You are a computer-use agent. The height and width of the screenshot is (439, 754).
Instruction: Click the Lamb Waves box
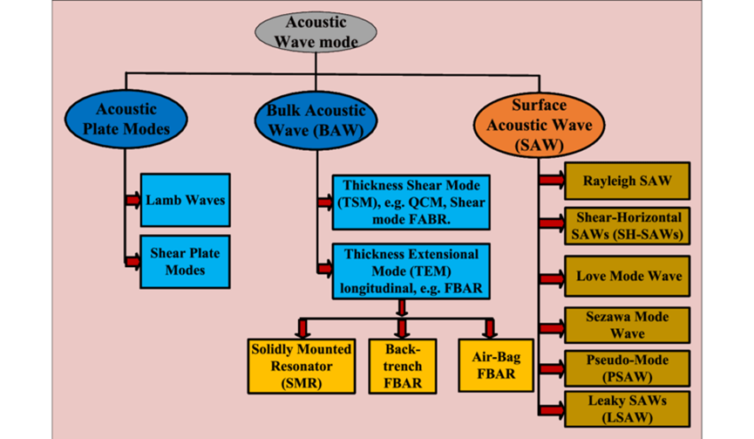click(x=185, y=200)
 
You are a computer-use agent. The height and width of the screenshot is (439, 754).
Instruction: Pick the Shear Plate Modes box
click(x=185, y=262)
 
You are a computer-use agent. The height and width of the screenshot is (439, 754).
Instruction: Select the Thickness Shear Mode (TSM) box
click(x=411, y=202)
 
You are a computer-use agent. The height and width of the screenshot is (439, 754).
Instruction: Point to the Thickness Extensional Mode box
click(x=411, y=271)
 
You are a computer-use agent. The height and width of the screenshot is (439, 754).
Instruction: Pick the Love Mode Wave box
click(x=627, y=276)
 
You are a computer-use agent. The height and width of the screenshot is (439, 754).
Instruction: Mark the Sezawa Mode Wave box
click(x=627, y=325)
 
